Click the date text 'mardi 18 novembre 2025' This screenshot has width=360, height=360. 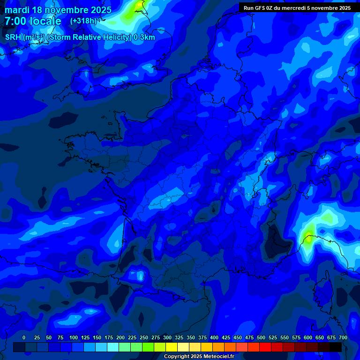pos(58,10)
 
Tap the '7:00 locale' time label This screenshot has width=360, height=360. pos(33,22)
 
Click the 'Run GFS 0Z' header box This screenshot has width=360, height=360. pos(297,7)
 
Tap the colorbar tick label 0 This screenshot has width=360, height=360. pos(24,337)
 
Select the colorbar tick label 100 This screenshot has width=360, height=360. pos(74,337)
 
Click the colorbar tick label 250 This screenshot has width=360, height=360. pos(144,337)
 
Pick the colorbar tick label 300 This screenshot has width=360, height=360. pos(167,337)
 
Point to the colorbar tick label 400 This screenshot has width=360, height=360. pos(214,337)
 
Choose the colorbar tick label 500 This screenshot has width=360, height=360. pos(261,337)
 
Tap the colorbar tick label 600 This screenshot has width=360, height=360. pos(308,337)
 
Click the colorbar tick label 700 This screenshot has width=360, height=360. pos(343,337)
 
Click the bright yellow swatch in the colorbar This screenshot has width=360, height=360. pos(172,347)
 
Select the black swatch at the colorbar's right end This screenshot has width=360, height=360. pos(336,347)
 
